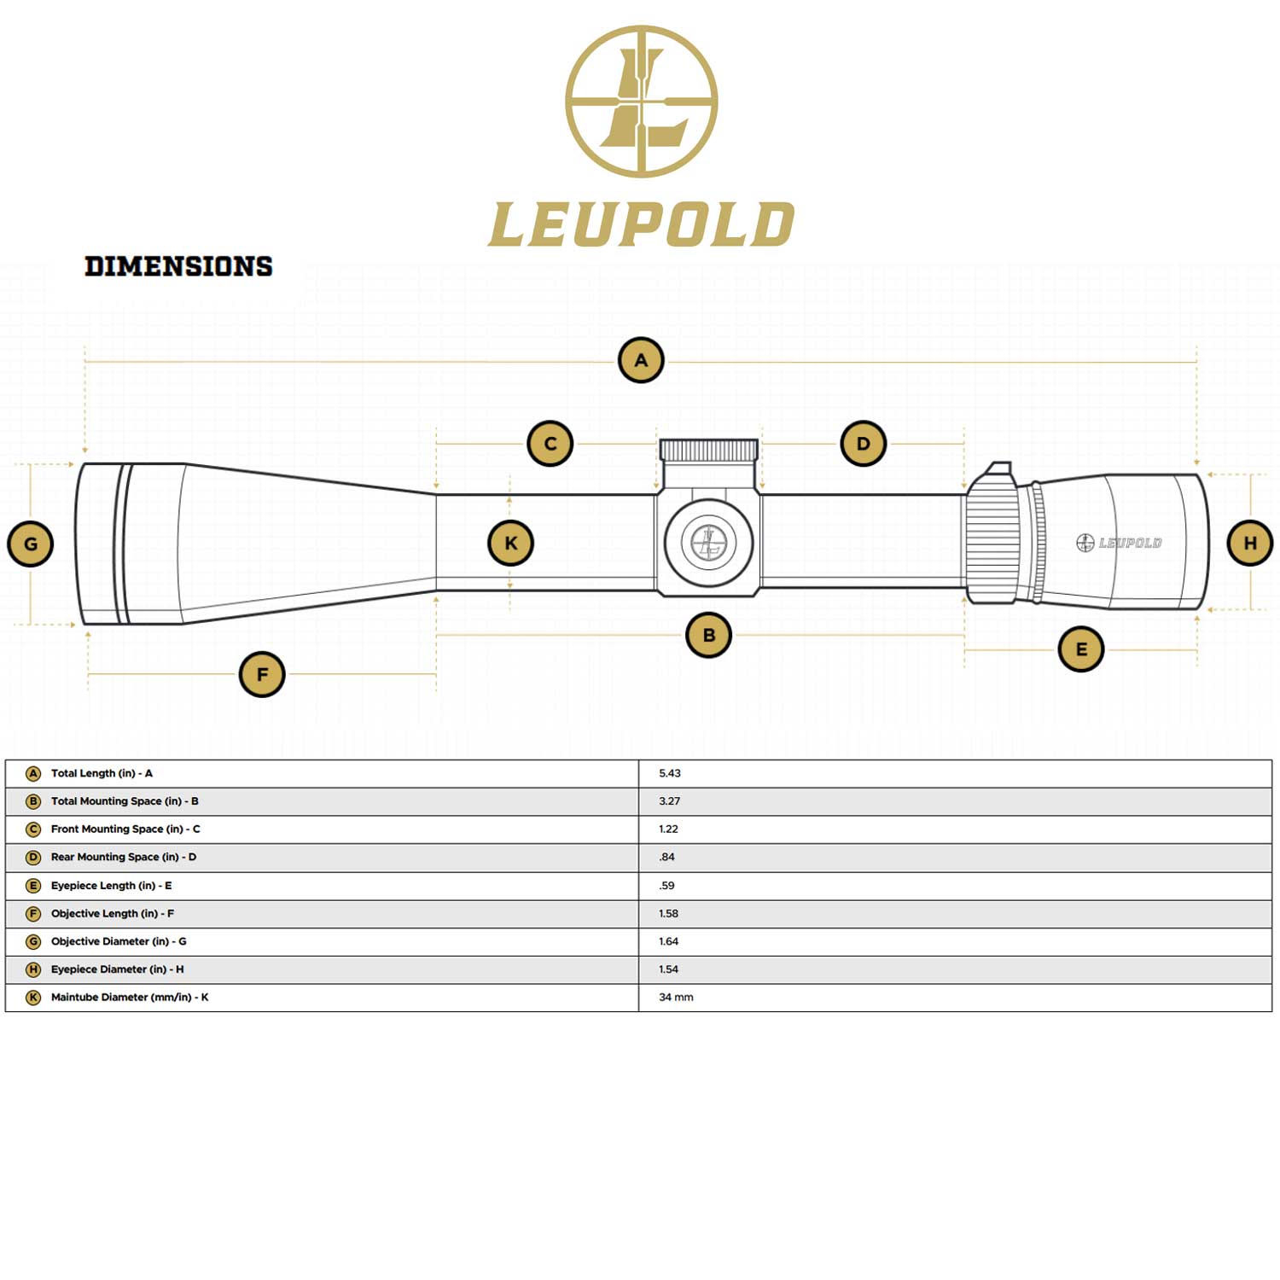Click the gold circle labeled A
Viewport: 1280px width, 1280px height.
click(x=641, y=360)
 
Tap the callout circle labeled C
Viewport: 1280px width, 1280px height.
click(x=550, y=444)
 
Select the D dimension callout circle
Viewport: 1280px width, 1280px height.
click(x=863, y=444)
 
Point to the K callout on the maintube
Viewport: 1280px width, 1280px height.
click(x=510, y=544)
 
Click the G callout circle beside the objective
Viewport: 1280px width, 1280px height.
click(x=31, y=544)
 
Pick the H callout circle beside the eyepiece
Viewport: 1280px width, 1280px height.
click(x=1249, y=544)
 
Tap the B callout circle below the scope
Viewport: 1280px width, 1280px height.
click(x=708, y=635)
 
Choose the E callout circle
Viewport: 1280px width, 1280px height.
click(x=1081, y=649)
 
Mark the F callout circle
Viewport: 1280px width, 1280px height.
click(x=262, y=674)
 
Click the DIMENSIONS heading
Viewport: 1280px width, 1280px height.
click(x=178, y=266)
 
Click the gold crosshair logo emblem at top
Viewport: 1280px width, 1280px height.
click(x=641, y=102)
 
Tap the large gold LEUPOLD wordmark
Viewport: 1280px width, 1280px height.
click(x=641, y=224)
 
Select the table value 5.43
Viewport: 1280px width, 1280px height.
click(x=670, y=773)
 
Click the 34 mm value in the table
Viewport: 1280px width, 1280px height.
click(x=676, y=997)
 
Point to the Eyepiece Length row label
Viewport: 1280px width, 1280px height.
click(x=111, y=886)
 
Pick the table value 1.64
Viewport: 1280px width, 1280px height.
click(x=668, y=941)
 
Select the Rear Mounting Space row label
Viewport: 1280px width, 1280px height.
click(x=123, y=857)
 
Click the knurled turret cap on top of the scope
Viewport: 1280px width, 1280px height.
click(x=708, y=450)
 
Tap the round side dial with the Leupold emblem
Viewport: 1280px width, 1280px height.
click(x=708, y=543)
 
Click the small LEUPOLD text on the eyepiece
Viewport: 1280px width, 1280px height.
click(x=1129, y=543)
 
